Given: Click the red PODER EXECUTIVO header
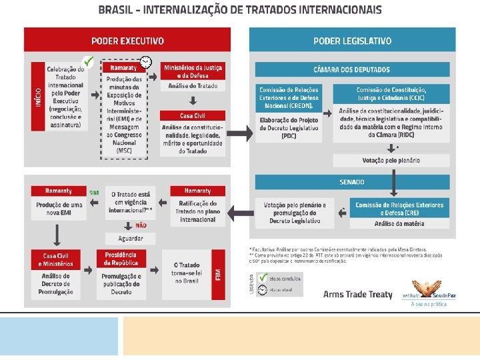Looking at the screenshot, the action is coord(127,40).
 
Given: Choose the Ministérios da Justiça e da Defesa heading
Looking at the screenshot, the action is coord(193,71).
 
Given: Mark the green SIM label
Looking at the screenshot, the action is coord(94,191).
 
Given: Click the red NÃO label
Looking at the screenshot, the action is coord(141,225).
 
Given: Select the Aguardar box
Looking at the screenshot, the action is coord(131,238).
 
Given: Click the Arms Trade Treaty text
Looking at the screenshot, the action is coord(357,294).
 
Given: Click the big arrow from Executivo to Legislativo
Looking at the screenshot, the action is coord(242,134).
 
